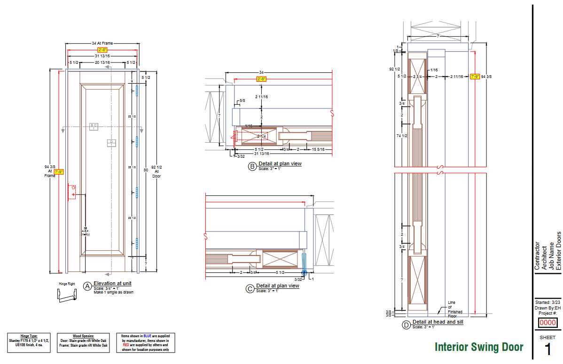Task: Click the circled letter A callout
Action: tap(87, 286)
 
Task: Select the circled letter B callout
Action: tap(252, 166)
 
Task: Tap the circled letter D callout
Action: tap(406, 325)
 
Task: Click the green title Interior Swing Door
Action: tap(479, 347)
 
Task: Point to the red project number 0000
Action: tap(547, 323)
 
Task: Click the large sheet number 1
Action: tap(548, 350)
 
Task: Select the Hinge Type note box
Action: tap(29, 343)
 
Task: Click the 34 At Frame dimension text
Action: tap(102, 44)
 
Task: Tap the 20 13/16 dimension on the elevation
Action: tap(102, 62)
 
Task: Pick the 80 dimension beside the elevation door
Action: tap(146, 170)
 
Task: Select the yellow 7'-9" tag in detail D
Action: tap(474, 76)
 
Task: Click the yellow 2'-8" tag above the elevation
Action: tap(102, 50)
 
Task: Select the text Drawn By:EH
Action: tap(547, 308)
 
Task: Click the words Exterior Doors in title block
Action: tap(559, 250)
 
